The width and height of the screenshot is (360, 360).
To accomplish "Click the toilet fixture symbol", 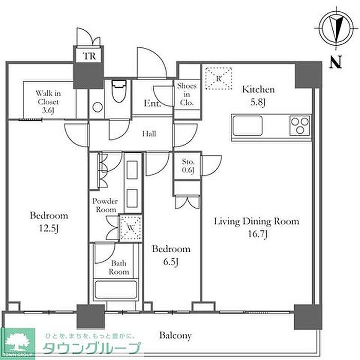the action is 119,91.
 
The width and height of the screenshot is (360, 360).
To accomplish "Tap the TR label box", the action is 88,56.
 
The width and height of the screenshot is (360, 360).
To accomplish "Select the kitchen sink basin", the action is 247,126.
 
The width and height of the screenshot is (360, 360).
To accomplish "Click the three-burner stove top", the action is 300,125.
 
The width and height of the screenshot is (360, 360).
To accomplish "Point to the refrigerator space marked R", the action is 219,79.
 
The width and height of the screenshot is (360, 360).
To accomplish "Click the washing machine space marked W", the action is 131,228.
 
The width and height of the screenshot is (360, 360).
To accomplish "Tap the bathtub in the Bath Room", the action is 116,290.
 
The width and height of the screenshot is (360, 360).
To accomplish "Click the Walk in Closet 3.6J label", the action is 48,102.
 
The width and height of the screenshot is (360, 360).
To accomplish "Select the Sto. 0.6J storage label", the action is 188,166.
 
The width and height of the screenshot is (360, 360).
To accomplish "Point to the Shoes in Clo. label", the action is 187,94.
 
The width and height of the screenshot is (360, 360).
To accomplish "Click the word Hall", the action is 149,134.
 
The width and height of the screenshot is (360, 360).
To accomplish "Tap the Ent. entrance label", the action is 152,103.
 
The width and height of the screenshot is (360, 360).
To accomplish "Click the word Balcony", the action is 175,336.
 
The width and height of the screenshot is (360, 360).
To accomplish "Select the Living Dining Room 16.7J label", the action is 257,227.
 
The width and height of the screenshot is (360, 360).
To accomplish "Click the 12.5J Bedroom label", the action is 49,222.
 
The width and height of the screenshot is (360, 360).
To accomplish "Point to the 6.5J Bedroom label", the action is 171,255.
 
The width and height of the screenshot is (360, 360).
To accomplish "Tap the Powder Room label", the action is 105,205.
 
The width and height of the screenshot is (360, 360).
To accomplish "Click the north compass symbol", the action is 336,28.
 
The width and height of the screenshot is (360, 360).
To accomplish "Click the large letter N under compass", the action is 336,62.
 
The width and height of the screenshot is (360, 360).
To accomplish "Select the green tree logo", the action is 18,344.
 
